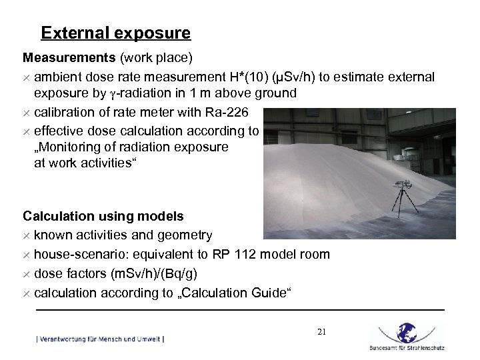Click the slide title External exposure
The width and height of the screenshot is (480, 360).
click(115, 33)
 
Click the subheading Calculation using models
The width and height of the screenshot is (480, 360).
click(103, 216)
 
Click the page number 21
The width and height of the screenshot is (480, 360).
click(322, 331)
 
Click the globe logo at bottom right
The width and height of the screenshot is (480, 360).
click(406, 333)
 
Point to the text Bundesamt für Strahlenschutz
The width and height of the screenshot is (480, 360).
click(406, 348)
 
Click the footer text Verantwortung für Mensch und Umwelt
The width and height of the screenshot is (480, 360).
click(100, 339)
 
